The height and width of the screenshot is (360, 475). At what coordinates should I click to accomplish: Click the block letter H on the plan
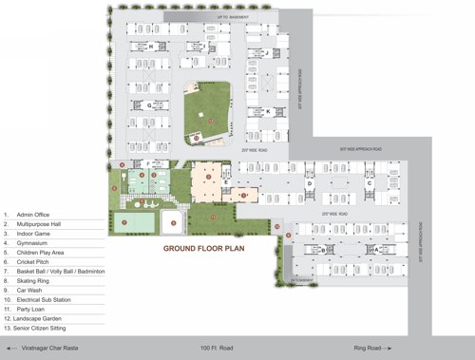(x=150, y=45)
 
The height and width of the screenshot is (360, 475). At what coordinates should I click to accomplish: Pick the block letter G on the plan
(x=149, y=104)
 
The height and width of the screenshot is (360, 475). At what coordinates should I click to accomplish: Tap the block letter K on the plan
(x=268, y=111)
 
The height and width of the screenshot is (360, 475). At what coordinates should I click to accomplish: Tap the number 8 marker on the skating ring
(x=172, y=223)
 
